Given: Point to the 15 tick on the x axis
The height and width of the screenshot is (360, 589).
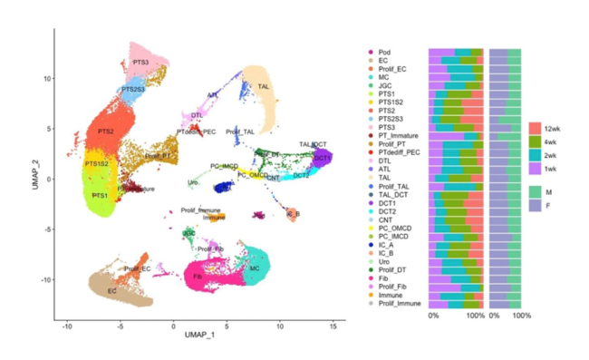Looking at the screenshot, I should point(333,324).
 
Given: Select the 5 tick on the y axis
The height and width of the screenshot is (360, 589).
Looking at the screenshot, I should point(51,128).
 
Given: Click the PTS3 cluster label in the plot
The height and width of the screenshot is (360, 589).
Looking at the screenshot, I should point(140,63).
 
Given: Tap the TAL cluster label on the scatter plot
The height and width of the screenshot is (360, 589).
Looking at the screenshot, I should point(264,86).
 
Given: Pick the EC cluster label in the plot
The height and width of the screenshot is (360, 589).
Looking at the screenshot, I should point(111,291).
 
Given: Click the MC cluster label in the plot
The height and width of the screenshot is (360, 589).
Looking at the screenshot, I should point(256,269).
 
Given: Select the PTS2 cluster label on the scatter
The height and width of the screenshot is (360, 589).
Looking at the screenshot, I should point(106,132).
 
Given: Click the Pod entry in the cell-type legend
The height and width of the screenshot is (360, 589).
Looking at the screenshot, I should point(385,51).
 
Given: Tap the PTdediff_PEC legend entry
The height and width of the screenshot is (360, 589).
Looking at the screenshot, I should point(399,152).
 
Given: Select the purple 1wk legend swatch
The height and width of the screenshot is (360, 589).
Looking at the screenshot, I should point(536,169).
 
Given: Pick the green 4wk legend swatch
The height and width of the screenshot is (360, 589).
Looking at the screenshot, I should point(536,141).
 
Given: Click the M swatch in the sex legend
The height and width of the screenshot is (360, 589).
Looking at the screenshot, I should point(536,191).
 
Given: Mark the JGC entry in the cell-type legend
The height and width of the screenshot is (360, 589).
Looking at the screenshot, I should point(385,85).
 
